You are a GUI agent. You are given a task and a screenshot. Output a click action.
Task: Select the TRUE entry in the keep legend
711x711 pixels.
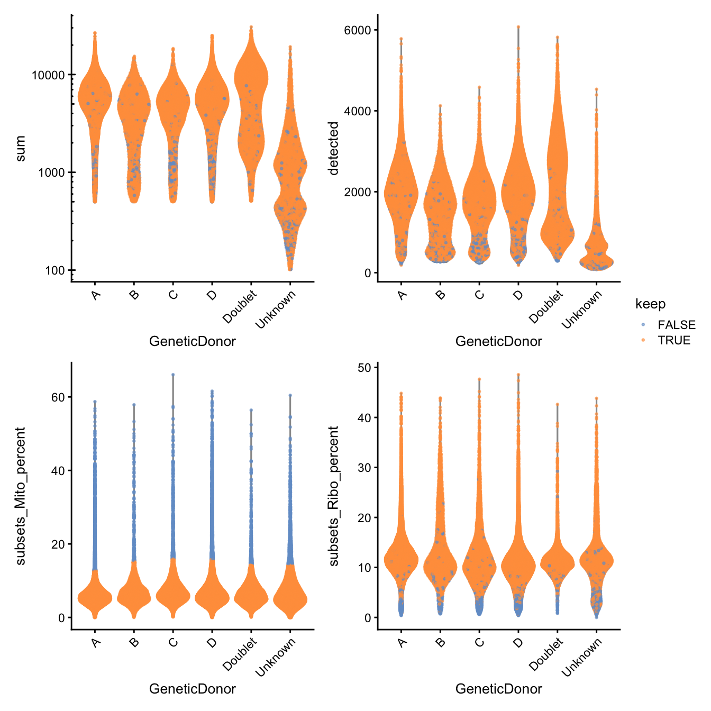pyautogui.click(x=673, y=340)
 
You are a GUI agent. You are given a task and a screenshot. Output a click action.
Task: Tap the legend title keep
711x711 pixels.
pyautogui.click(x=650, y=304)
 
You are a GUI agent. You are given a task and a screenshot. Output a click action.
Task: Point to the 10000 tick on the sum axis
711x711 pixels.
pyautogui.click(x=48, y=75)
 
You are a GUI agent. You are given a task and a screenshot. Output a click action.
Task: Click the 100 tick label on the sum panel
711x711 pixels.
pyautogui.click(x=54, y=270)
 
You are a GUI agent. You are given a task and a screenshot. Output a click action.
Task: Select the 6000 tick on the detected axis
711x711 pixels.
pyautogui.click(x=357, y=30)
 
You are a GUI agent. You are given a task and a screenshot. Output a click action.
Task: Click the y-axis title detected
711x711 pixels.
pyautogui.click(x=333, y=148)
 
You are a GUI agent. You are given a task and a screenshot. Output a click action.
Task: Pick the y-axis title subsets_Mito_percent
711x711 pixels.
pyautogui.click(x=20, y=496)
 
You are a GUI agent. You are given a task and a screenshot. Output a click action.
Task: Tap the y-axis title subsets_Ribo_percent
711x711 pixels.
pyautogui.click(x=333, y=496)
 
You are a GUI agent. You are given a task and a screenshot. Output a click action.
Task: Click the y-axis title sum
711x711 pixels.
pyautogui.click(x=20, y=148)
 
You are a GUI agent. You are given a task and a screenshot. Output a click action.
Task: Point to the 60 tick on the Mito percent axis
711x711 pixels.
pyautogui.click(x=58, y=397)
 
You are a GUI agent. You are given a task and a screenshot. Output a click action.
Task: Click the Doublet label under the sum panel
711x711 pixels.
pyautogui.click(x=241, y=307)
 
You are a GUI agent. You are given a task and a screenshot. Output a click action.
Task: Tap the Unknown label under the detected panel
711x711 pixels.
pyautogui.click(x=582, y=309)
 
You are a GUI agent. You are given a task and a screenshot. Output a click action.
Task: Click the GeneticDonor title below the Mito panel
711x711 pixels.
pyautogui.click(x=193, y=688)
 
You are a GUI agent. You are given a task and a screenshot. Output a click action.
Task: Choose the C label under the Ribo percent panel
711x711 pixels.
pyautogui.click(x=479, y=643)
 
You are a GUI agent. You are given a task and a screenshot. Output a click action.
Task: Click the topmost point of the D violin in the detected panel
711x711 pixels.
pyautogui.click(x=518, y=26)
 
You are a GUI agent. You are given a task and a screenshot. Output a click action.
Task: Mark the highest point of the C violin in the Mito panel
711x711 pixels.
pyautogui.click(x=172, y=375)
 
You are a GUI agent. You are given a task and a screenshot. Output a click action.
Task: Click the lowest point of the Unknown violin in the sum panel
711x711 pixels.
pyautogui.click(x=290, y=269)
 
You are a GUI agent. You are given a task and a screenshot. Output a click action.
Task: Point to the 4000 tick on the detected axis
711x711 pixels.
pyautogui.click(x=357, y=111)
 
